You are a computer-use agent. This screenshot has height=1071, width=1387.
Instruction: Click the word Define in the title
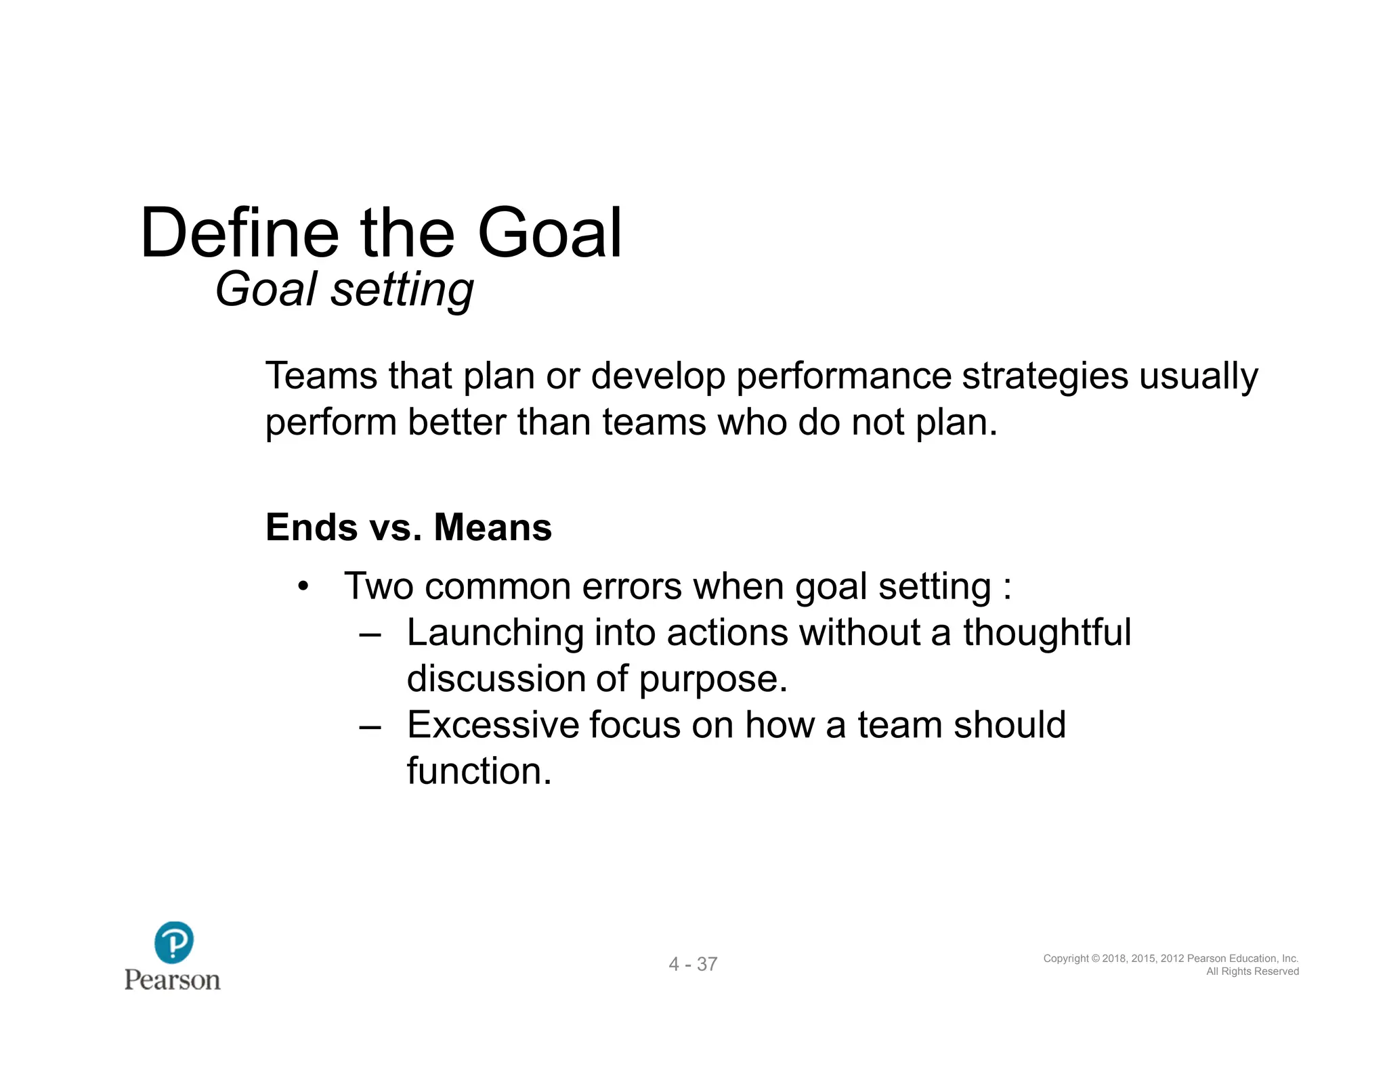tap(239, 234)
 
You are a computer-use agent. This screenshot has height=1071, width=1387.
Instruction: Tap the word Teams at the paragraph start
tap(320, 376)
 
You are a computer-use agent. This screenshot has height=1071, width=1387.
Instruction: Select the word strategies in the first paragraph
tap(1044, 376)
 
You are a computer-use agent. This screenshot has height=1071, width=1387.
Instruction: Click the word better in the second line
tap(456, 422)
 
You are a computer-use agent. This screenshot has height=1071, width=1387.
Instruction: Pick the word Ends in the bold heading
tap(311, 527)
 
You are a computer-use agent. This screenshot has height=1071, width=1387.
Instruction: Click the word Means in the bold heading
tap(492, 527)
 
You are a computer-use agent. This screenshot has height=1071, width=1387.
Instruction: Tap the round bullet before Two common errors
tap(303, 586)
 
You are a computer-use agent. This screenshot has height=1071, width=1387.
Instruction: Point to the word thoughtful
tap(1046, 633)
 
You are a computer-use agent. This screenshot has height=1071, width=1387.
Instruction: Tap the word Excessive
tap(492, 725)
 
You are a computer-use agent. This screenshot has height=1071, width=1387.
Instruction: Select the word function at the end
tap(479, 771)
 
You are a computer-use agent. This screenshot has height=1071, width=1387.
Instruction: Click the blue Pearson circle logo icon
tap(173, 942)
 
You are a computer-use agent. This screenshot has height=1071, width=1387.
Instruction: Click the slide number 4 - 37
tap(693, 964)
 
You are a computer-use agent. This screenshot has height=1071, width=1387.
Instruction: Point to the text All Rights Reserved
tap(1252, 971)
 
